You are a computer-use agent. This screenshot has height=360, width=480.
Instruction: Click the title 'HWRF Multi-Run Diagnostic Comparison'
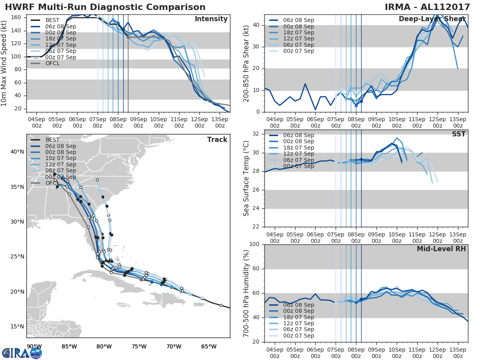(x=105, y=7)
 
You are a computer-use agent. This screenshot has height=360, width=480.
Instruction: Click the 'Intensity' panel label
(x=211, y=19)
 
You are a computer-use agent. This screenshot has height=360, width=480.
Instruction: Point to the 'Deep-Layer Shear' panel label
(x=432, y=19)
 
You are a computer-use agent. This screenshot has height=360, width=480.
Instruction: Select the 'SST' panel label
(x=458, y=134)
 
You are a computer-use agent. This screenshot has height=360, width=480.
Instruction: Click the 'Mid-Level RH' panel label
(x=441, y=249)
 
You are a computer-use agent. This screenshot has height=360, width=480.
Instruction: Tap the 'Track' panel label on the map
(x=217, y=140)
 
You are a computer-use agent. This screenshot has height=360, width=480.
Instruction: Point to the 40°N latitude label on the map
(x=17, y=152)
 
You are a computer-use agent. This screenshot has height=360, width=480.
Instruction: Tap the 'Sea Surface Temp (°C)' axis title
(x=247, y=179)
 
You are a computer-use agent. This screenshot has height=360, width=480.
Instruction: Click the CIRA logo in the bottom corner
(x=22, y=353)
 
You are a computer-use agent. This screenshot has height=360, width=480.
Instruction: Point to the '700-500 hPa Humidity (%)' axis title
(x=247, y=293)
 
